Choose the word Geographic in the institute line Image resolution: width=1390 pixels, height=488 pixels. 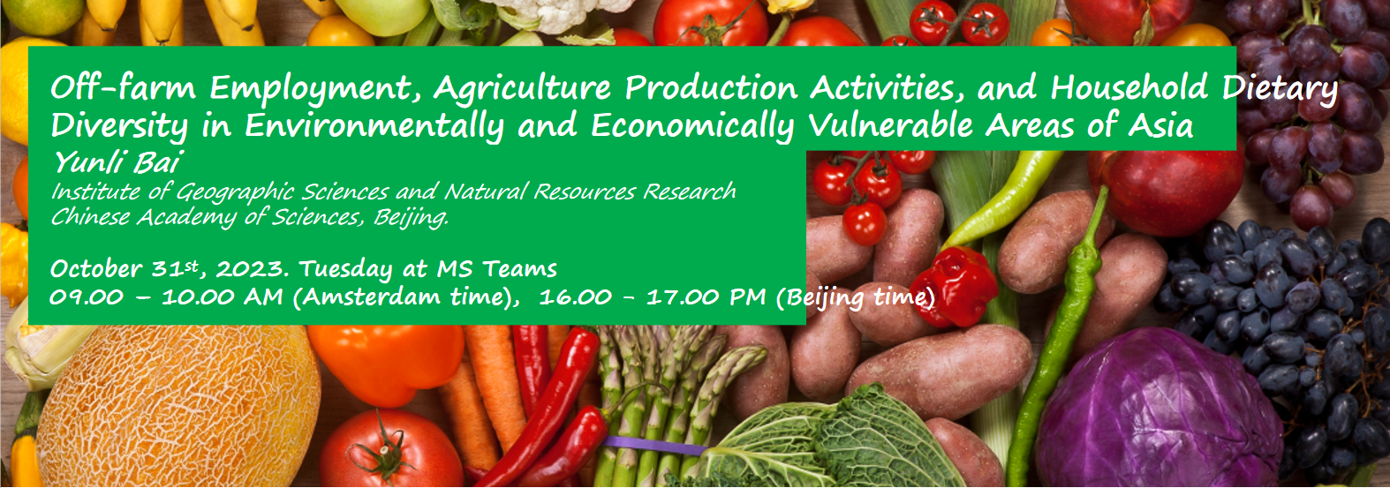click(x=235, y=191)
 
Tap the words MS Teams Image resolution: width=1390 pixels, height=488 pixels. click(x=496, y=269)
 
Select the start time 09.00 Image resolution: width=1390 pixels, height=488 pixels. click(x=87, y=297)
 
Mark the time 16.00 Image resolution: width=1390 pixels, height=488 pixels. click(x=575, y=297)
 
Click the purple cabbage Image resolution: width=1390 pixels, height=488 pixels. click(x=1159, y=409)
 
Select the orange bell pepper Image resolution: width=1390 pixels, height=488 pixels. click(x=386, y=364)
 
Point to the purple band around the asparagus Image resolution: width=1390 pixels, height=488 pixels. click(x=654, y=446)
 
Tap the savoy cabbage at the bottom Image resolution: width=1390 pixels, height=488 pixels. click(x=832, y=440)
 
